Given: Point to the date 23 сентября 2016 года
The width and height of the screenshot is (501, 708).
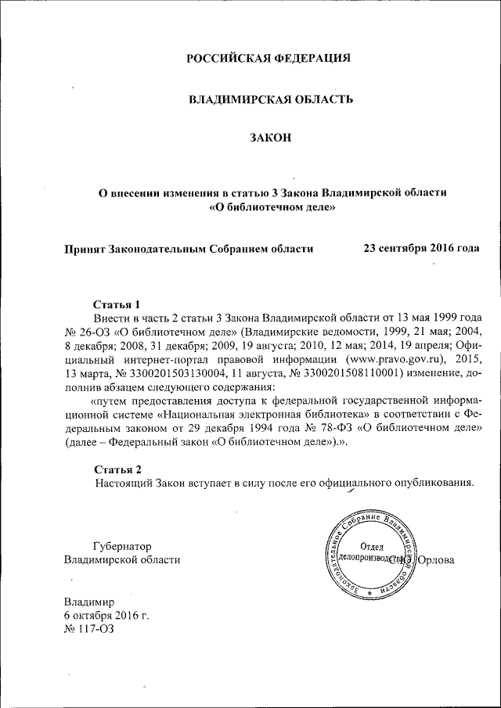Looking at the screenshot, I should point(421,248).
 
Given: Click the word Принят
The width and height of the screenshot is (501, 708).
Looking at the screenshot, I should point(85,249).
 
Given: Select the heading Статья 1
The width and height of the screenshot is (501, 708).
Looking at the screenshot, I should point(117,304).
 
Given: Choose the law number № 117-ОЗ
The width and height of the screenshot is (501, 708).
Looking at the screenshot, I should point(88,630).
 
